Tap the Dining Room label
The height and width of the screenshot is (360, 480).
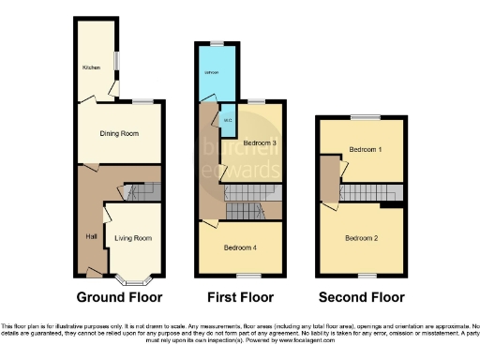click(x=119, y=134)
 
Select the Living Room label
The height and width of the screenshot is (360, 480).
click(x=133, y=238)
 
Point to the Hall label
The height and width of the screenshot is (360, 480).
click(x=91, y=236)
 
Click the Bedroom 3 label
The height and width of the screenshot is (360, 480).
click(x=259, y=142)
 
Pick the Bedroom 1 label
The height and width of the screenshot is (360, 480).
click(x=364, y=150)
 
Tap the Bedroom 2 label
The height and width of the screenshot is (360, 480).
click(x=361, y=238)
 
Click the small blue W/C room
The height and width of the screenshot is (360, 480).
click(x=226, y=120)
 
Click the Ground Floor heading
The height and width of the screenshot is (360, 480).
click(x=119, y=297)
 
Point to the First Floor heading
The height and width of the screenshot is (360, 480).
click(x=240, y=297)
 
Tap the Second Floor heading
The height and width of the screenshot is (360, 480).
click(x=361, y=297)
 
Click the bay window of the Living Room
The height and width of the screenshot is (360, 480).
click(x=135, y=278)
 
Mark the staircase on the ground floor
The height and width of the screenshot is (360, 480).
click(x=141, y=191)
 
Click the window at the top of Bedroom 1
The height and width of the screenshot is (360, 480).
click(x=365, y=117)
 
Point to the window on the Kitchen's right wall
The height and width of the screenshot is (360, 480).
click(x=116, y=58)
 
